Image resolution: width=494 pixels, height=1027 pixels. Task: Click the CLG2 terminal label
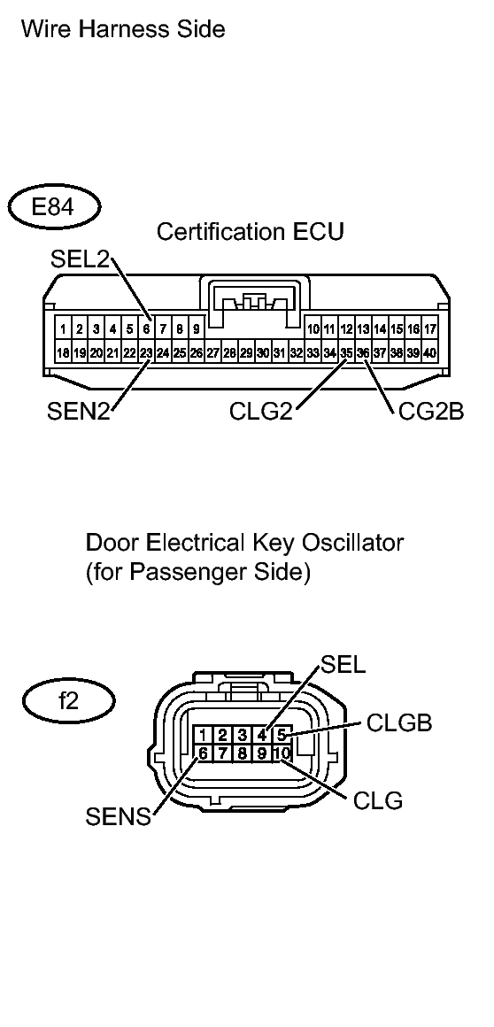click(x=262, y=412)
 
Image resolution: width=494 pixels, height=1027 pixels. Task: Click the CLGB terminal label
click(x=399, y=723)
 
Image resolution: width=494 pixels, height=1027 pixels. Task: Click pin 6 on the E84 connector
click(x=145, y=329)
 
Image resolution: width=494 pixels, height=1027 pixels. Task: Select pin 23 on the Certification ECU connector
click(x=145, y=352)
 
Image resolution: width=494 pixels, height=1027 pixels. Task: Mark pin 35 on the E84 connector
click(x=346, y=352)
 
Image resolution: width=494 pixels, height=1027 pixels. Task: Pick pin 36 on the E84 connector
click(x=363, y=352)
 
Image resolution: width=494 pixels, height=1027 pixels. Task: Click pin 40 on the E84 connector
click(x=430, y=352)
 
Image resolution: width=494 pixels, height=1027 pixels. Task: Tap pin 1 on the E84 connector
click(x=63, y=329)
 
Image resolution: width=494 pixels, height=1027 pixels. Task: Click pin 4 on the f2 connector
click(x=262, y=734)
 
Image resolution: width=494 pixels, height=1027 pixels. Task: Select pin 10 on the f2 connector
click(x=281, y=753)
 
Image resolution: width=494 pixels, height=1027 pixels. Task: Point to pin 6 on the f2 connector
click(x=204, y=753)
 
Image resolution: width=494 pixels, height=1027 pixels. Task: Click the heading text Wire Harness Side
click(x=123, y=30)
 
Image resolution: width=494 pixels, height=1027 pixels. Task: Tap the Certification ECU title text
click(x=250, y=232)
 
